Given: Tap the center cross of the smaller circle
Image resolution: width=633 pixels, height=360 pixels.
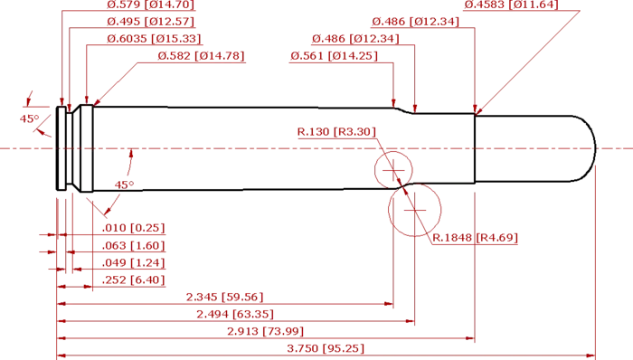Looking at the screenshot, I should [392, 167].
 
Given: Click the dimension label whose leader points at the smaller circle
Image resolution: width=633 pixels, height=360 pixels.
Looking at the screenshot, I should [336, 133].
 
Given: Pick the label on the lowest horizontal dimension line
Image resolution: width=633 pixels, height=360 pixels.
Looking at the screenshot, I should [326, 348].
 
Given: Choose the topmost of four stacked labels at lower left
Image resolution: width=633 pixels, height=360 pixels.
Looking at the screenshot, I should [133, 226].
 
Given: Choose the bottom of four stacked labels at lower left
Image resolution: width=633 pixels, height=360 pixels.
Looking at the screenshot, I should [133, 281].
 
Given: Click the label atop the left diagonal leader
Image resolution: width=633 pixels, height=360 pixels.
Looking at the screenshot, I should [201, 56].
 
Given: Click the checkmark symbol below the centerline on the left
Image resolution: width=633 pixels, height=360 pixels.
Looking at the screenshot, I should [121, 185].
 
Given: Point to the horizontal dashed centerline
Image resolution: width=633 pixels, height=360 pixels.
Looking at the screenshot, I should [271, 147].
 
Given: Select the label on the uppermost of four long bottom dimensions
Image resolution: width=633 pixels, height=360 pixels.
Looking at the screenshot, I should [225, 296].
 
